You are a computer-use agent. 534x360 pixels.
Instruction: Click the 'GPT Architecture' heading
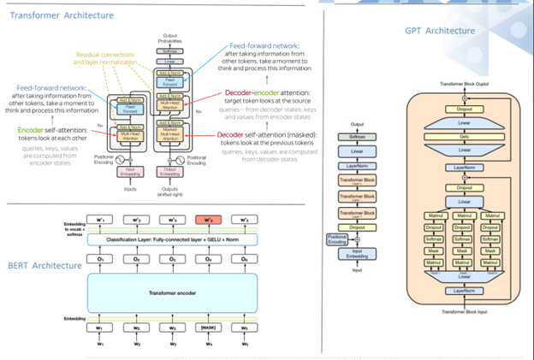coord(440,32)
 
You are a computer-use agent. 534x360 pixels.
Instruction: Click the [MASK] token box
coord(208,328)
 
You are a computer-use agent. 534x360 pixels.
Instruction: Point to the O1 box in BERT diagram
coord(101,258)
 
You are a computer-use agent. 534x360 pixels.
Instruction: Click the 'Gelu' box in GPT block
coord(463,135)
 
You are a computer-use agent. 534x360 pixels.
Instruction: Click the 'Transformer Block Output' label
coord(462,83)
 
